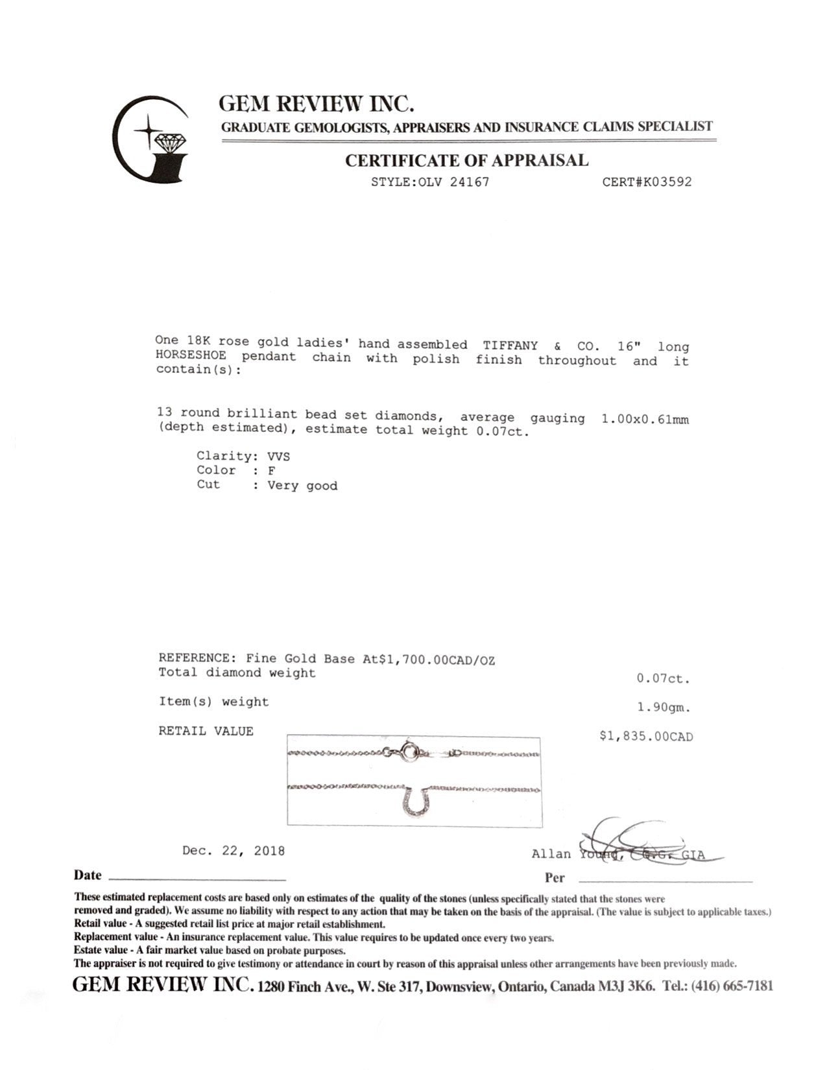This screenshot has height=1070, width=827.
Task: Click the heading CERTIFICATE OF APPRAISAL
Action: pos(466,160)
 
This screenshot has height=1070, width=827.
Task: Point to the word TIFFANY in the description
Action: pos(510,345)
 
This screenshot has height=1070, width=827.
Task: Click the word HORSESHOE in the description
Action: pos(191,356)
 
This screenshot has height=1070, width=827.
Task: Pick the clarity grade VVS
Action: pos(279,456)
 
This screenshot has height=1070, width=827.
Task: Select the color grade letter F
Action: pos(271,471)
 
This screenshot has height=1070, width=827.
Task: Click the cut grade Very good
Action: pos(302,486)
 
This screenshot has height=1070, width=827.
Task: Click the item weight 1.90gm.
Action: pos(664,708)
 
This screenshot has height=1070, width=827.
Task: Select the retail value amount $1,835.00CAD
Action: pos(646,737)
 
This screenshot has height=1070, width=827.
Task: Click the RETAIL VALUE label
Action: pos(206,731)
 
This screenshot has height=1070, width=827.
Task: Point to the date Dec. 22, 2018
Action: pos(234,850)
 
